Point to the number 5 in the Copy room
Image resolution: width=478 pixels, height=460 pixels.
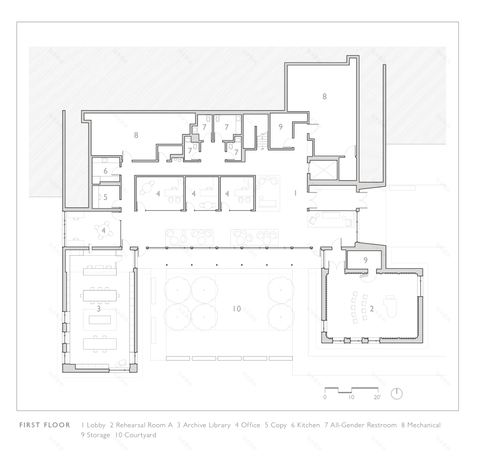click(x=105, y=197)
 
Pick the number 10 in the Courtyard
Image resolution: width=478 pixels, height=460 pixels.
click(x=236, y=308)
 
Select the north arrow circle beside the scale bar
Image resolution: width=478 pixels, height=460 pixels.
click(x=397, y=393)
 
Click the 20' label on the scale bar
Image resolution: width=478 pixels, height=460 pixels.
click(x=377, y=398)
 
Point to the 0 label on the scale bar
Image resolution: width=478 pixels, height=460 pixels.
click(x=325, y=398)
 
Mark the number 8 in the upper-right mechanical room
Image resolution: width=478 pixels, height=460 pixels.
click(x=324, y=96)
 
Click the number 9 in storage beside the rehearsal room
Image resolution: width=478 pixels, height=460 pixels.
click(x=365, y=260)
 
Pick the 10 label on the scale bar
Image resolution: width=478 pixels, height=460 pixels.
click(x=351, y=398)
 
